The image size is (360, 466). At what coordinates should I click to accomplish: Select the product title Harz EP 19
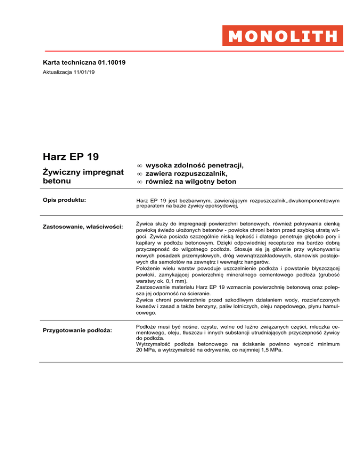(73, 155)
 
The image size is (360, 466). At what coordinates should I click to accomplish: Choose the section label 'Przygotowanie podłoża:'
(78, 331)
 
